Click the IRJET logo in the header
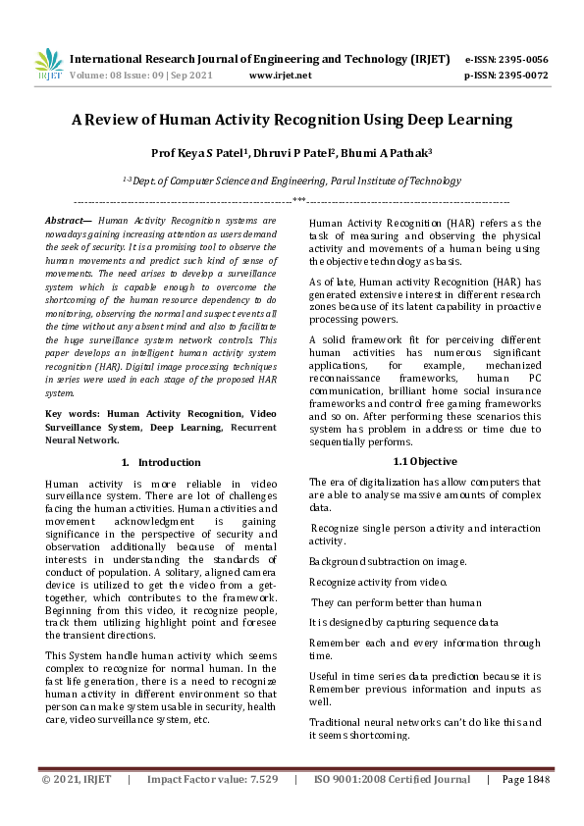click(x=48, y=65)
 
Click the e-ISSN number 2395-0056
click(x=521, y=59)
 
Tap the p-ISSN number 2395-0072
click(x=521, y=75)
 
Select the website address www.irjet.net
click(x=281, y=75)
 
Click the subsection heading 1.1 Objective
click(x=423, y=461)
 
